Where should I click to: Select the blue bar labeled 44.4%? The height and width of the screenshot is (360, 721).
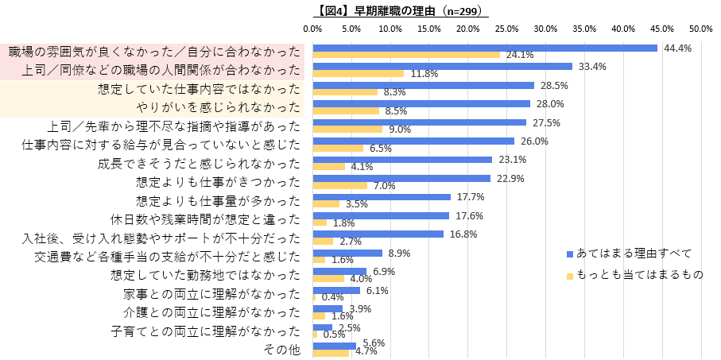[x=485, y=48]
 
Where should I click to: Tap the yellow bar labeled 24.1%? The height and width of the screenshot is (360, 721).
[x=406, y=55]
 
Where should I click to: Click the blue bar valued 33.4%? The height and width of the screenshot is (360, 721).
[x=442, y=66]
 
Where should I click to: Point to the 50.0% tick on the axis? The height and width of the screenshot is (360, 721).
[x=700, y=29]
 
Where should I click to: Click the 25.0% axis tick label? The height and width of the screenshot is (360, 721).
[x=507, y=29]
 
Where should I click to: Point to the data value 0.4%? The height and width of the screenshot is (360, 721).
[x=332, y=297]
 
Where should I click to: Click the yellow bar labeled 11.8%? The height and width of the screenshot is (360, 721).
[x=359, y=74]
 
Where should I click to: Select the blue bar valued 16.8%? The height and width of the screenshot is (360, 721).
[x=378, y=234]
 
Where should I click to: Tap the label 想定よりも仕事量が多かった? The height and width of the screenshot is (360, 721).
[x=218, y=200]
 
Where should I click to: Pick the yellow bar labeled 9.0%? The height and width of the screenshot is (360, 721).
[x=347, y=130]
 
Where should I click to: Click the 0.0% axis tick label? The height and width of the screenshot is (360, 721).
[x=313, y=29]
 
